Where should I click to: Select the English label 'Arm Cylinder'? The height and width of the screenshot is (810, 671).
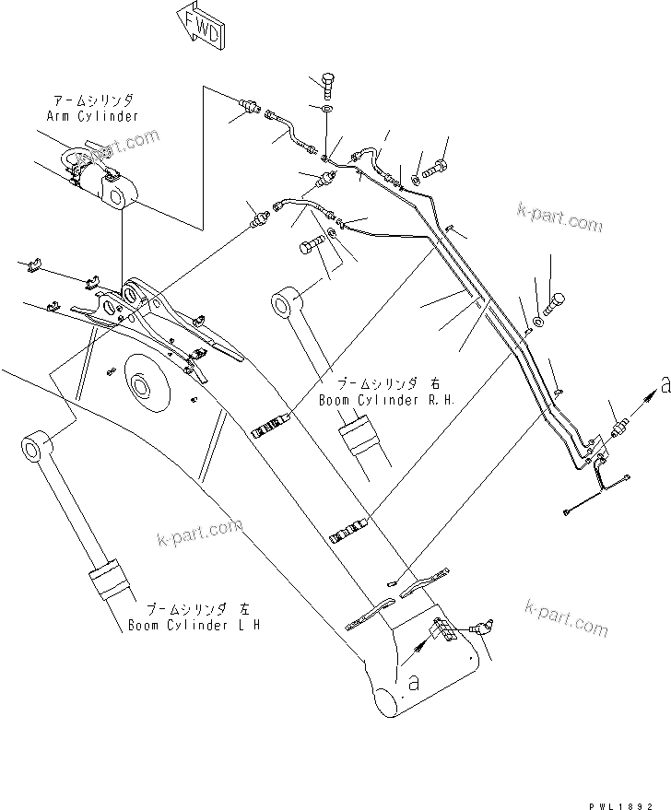(x=91, y=116)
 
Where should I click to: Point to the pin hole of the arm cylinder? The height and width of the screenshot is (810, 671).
(x=117, y=196)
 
